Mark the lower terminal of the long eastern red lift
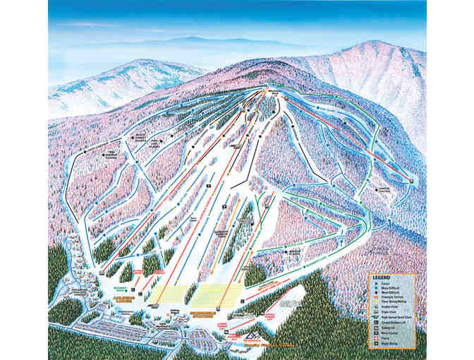(411, 181)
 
